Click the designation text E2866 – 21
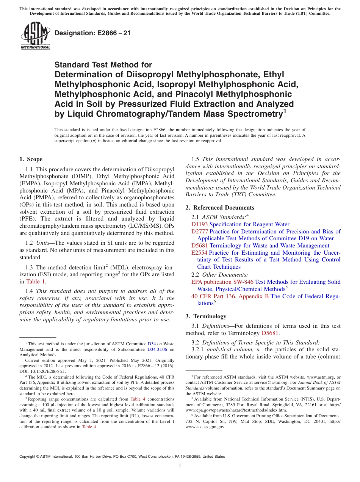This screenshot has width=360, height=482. tap(92, 33)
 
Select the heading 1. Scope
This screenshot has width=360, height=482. tap(31, 159)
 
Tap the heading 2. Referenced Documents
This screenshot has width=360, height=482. tap(220, 207)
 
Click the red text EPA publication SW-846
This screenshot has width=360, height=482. tap(222, 282)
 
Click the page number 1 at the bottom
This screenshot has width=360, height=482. tap(180, 466)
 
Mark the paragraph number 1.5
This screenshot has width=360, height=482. tap(196, 159)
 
